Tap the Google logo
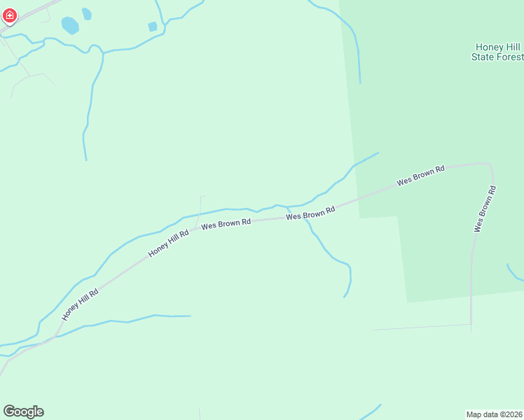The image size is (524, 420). point(23,412)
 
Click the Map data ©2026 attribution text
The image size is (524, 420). point(494,414)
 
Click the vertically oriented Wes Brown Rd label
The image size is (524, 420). point(485,209)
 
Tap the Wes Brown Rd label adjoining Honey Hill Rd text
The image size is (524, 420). point(226,224)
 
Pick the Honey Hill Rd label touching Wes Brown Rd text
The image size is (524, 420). point(169,243)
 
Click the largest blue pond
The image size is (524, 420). point(70,26)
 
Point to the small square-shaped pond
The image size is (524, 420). point(153,27)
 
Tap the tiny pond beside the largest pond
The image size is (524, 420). point(87,13)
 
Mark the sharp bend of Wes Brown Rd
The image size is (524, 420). point(489,165)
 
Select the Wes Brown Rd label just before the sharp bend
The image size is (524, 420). point(420,176)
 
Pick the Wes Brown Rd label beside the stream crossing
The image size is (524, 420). point(310,212)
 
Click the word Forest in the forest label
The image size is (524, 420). point(508,57)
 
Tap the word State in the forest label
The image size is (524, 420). point(483,57)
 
